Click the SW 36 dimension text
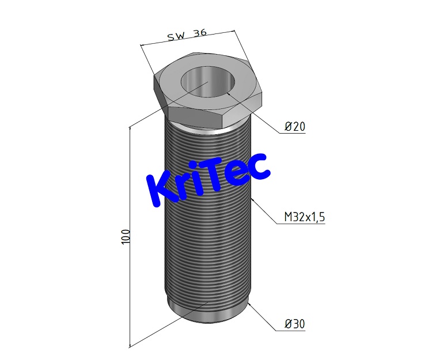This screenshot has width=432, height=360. click(x=187, y=36)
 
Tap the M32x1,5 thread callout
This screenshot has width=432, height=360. click(x=305, y=217)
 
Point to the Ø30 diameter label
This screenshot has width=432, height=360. click(x=294, y=325)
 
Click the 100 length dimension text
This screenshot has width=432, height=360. click(x=126, y=237)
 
